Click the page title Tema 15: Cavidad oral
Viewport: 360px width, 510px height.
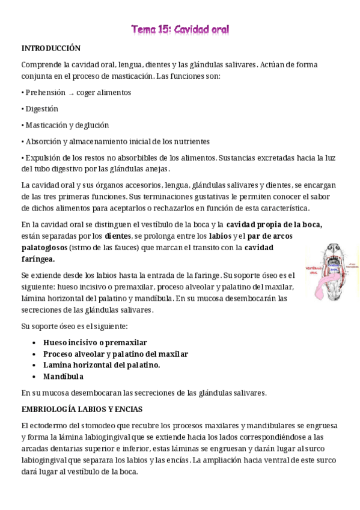click(180, 29)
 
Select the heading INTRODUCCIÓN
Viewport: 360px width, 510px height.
click(51, 48)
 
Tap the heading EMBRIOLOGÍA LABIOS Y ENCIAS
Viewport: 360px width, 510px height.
click(82, 409)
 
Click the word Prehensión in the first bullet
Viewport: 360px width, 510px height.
click(45, 93)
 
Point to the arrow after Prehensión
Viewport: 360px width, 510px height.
click(71, 93)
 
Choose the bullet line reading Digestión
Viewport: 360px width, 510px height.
click(41, 109)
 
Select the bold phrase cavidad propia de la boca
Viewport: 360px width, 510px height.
click(274, 224)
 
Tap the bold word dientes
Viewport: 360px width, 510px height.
click(118, 236)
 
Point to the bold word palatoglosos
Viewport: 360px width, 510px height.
click(44, 247)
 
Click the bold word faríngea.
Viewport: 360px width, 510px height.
click(38, 259)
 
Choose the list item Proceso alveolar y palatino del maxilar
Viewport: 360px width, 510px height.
click(115, 354)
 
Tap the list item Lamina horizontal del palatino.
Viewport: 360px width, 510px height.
click(102, 365)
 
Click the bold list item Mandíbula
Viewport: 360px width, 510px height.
click(63, 376)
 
